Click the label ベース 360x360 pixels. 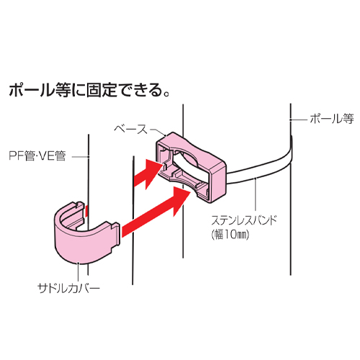pos(130,130)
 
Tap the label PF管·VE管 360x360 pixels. pos(37,156)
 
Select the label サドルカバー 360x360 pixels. pos(68,288)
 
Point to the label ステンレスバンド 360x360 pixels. pos(244,220)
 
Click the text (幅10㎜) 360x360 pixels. pos(230,235)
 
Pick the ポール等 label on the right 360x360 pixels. pos(332,119)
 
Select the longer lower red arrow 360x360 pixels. pos(156,211)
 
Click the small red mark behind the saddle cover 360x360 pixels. pos(86,211)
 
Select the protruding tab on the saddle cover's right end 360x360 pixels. pos(115,234)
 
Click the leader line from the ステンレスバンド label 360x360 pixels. pos(256,195)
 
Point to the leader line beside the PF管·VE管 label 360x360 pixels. pos(81,157)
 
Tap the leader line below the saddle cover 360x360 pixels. pos(78,271)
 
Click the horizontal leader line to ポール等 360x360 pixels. pos(298,119)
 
